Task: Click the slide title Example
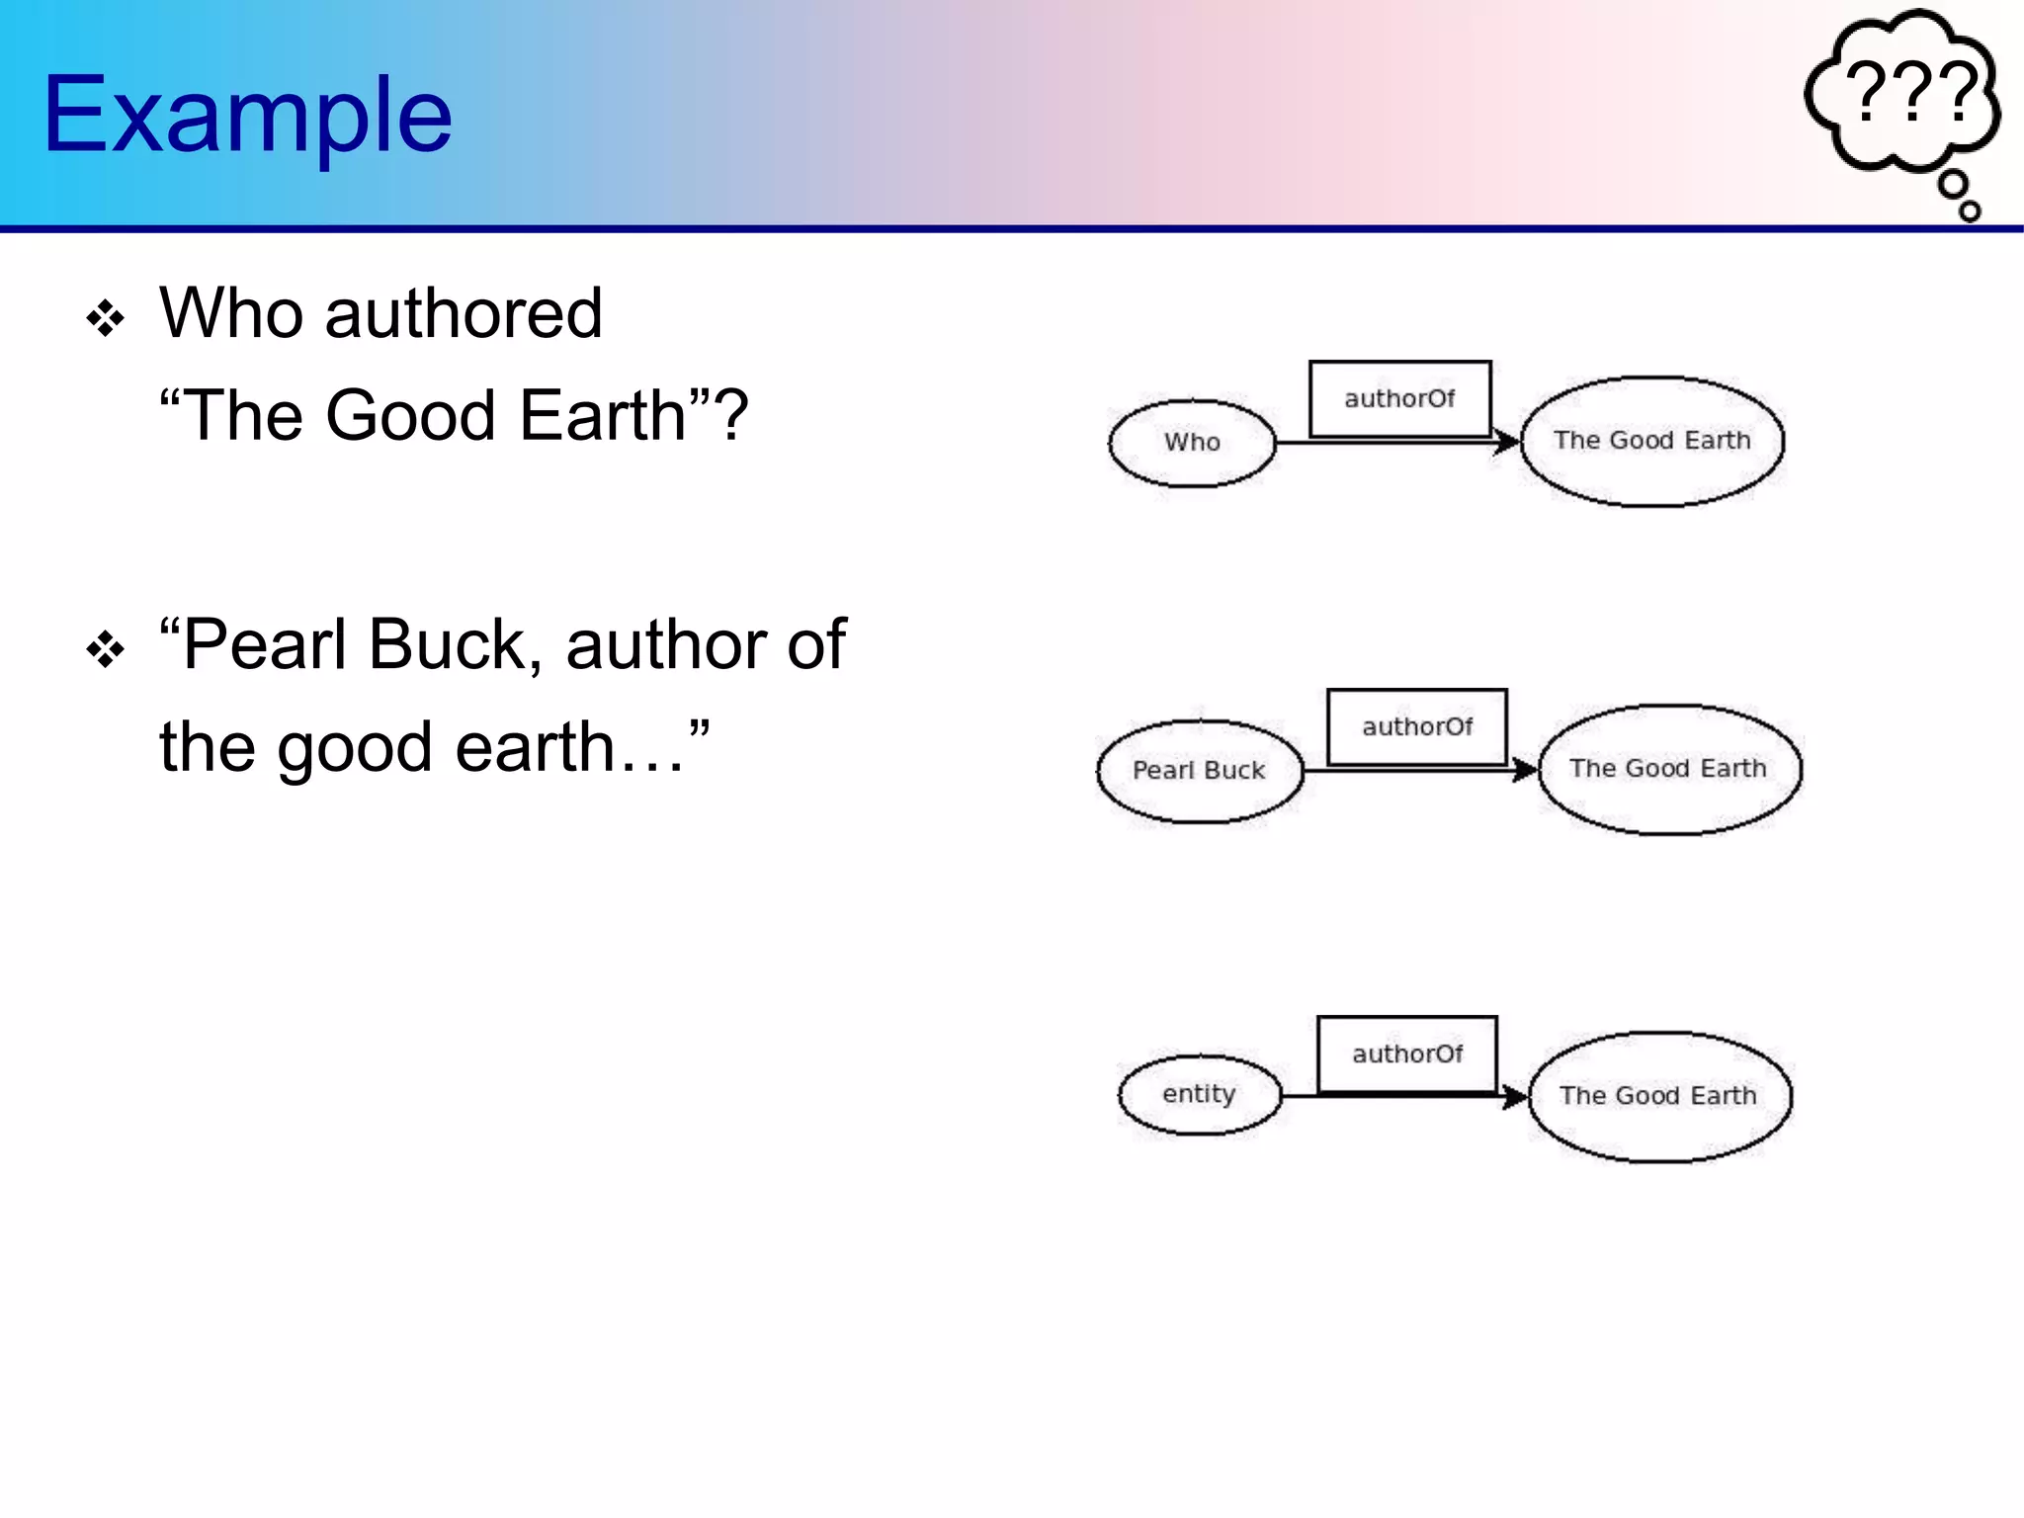click(247, 116)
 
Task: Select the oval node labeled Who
click(1192, 443)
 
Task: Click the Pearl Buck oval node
click(1199, 771)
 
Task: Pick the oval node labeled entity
click(1199, 1095)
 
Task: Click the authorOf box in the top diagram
click(1399, 399)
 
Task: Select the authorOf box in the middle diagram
click(1416, 727)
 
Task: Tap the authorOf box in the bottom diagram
click(1406, 1054)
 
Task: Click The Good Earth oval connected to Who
click(1651, 441)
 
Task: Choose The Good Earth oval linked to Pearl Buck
click(1668, 769)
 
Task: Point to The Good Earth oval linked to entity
click(1658, 1096)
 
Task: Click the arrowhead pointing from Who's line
click(1507, 442)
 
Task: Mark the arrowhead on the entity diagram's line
click(1516, 1096)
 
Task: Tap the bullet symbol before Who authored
click(105, 319)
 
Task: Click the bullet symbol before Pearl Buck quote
click(105, 649)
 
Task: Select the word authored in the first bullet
click(463, 314)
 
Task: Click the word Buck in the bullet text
click(453, 645)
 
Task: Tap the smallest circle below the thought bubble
click(1969, 211)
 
